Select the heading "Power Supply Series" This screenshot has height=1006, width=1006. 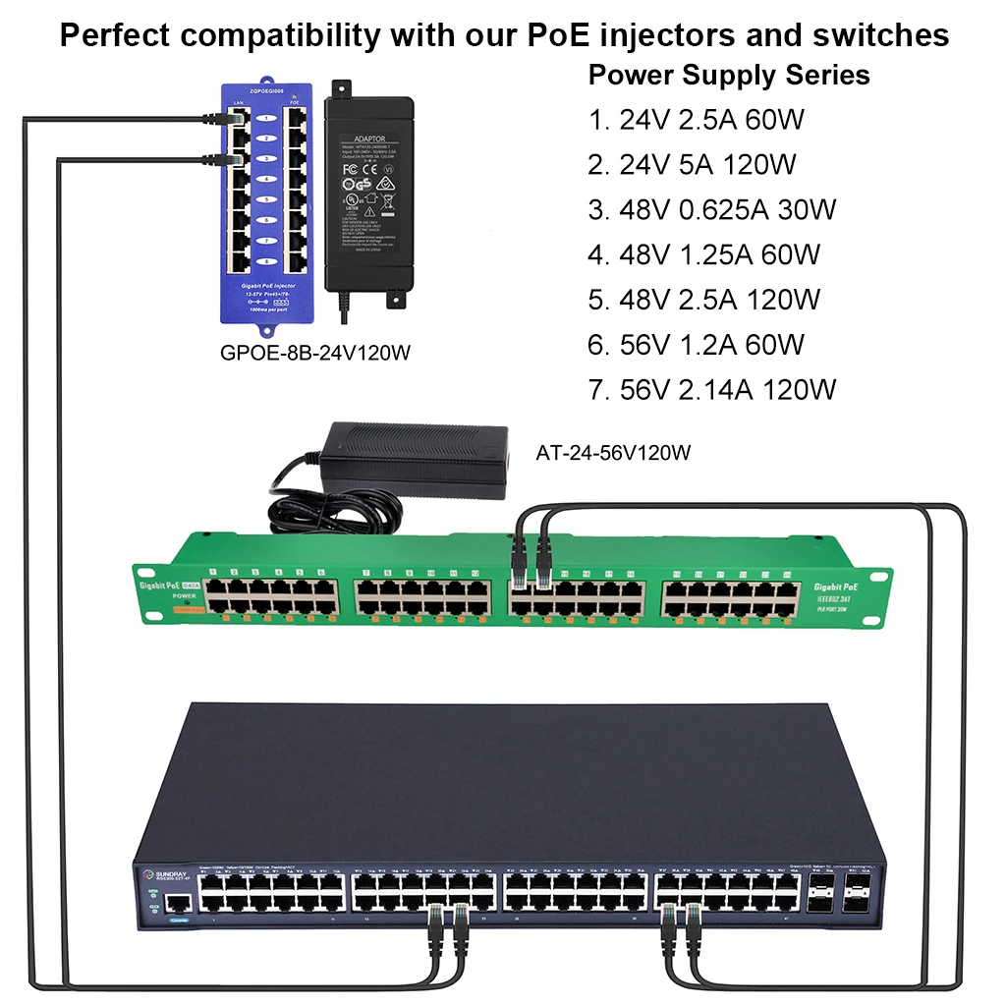[x=728, y=75]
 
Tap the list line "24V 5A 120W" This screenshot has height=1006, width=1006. [x=707, y=164]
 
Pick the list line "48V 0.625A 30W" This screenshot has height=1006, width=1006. [x=727, y=209]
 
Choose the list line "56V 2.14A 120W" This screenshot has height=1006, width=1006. [x=728, y=390]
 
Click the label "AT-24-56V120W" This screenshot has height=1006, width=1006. [x=613, y=453]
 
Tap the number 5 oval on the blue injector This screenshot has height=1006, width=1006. [x=263, y=199]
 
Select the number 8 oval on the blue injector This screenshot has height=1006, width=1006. [x=263, y=261]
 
